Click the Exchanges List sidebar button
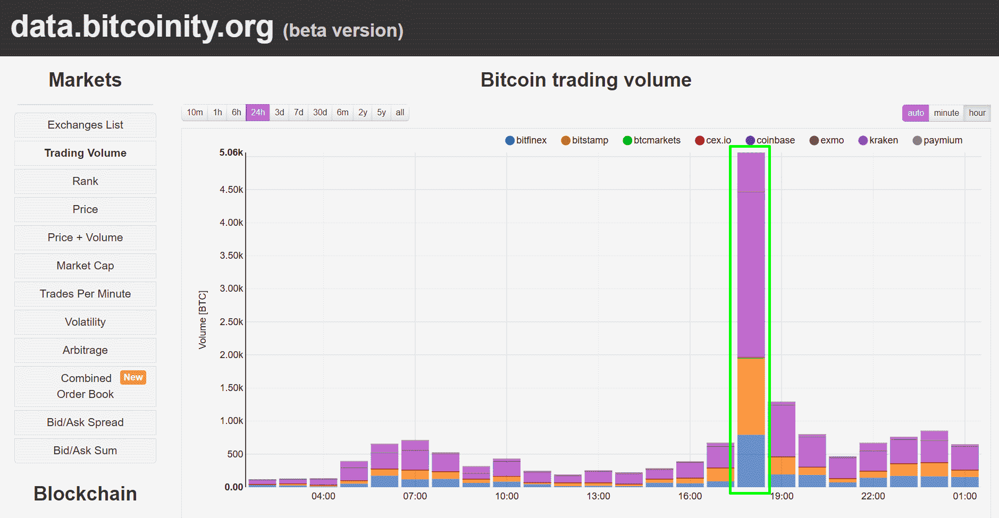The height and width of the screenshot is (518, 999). coord(85,125)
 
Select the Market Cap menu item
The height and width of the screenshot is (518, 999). coord(85,266)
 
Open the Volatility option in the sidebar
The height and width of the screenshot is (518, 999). coord(85,322)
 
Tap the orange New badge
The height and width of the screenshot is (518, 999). coord(133,377)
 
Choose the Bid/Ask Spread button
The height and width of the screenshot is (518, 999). coord(85,422)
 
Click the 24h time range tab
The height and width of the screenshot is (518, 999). coord(258,113)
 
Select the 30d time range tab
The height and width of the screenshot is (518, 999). coord(320,113)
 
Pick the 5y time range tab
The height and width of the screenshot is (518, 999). coord(381,113)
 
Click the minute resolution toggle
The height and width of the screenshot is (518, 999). coord(946,113)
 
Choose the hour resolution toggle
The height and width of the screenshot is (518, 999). coord(977,113)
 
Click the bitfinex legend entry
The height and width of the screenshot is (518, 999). coord(526,140)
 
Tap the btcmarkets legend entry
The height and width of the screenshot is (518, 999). coord(651,140)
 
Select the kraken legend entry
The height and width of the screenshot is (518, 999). coord(878,140)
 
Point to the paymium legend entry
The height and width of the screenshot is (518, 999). coord(937,140)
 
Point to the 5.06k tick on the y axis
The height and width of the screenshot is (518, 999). coord(231,152)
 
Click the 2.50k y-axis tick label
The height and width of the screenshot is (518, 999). coord(231,322)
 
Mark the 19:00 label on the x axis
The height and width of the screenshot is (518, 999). coord(782,496)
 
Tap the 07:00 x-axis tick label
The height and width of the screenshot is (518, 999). coord(415,496)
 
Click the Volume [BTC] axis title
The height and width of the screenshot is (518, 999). coord(203,320)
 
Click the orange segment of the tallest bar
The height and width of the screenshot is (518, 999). coord(751,396)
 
